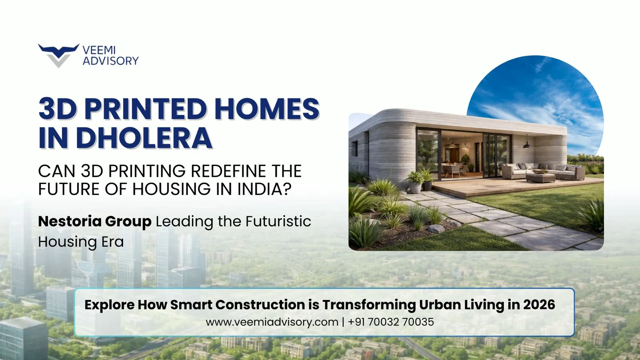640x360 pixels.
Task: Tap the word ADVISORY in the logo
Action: click(110, 61)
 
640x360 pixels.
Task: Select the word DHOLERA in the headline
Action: click(144, 138)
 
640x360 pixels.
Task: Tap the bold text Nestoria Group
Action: click(94, 222)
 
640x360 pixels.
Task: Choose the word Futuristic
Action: click(278, 221)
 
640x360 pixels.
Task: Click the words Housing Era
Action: click(81, 242)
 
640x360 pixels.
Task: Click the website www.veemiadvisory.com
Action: click(272, 322)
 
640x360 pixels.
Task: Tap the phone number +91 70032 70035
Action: click(391, 322)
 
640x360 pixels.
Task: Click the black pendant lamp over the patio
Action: click(527, 146)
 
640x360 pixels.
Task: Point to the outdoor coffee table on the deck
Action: click(540, 177)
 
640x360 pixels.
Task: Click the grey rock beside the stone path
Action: click(436, 228)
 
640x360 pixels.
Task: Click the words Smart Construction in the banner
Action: click(238, 304)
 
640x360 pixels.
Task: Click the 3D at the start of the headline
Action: click(58, 109)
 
